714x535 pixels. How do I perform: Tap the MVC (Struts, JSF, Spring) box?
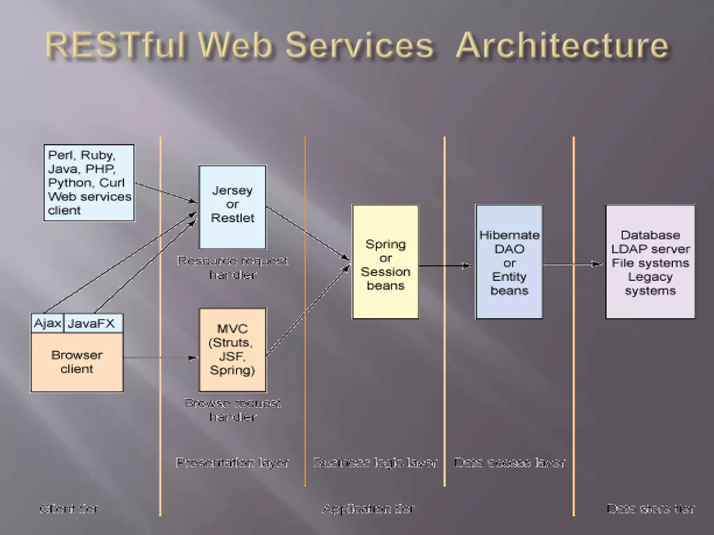pos(233,350)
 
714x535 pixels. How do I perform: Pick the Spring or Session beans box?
pos(385,262)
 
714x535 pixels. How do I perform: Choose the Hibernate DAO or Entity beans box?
pos(509,262)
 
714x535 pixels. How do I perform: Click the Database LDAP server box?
pos(650,262)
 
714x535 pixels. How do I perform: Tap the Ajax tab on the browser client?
pos(47,323)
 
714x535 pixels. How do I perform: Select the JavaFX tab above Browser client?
pos(91,323)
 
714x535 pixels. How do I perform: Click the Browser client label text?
pos(77,362)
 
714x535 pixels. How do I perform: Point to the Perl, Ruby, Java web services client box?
pos(89,183)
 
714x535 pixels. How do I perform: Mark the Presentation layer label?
pos(233,463)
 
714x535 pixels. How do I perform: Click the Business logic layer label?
pos(375,463)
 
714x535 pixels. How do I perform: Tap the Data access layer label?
pos(509,463)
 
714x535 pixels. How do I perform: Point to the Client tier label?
pos(69,509)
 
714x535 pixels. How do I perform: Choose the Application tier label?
pos(369,509)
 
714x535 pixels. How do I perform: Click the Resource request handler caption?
pos(233,267)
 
